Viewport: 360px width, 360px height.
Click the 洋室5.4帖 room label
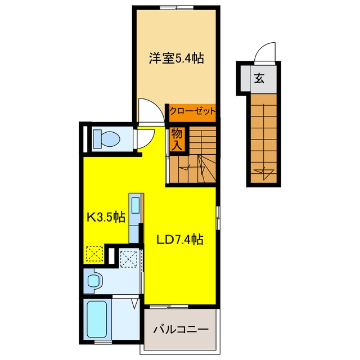176,58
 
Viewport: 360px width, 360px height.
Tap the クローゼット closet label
192,111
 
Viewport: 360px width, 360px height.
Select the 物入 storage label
177,139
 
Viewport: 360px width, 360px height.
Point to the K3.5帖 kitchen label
106,217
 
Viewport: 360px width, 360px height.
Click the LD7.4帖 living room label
180,240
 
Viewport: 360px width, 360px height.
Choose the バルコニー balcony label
181,330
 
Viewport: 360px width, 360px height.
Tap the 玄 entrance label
259,78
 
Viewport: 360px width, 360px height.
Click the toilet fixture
106,139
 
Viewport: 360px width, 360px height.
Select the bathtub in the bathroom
97,319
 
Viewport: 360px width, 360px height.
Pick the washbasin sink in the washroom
94,281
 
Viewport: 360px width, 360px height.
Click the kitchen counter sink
136,205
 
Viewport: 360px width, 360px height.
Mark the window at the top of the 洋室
177,8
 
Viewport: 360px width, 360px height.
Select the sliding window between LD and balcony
169,307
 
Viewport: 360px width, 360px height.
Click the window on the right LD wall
218,218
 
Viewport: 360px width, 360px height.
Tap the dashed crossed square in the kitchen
94,254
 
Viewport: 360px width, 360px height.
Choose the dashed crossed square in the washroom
129,259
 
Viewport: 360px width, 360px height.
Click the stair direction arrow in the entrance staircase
264,171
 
